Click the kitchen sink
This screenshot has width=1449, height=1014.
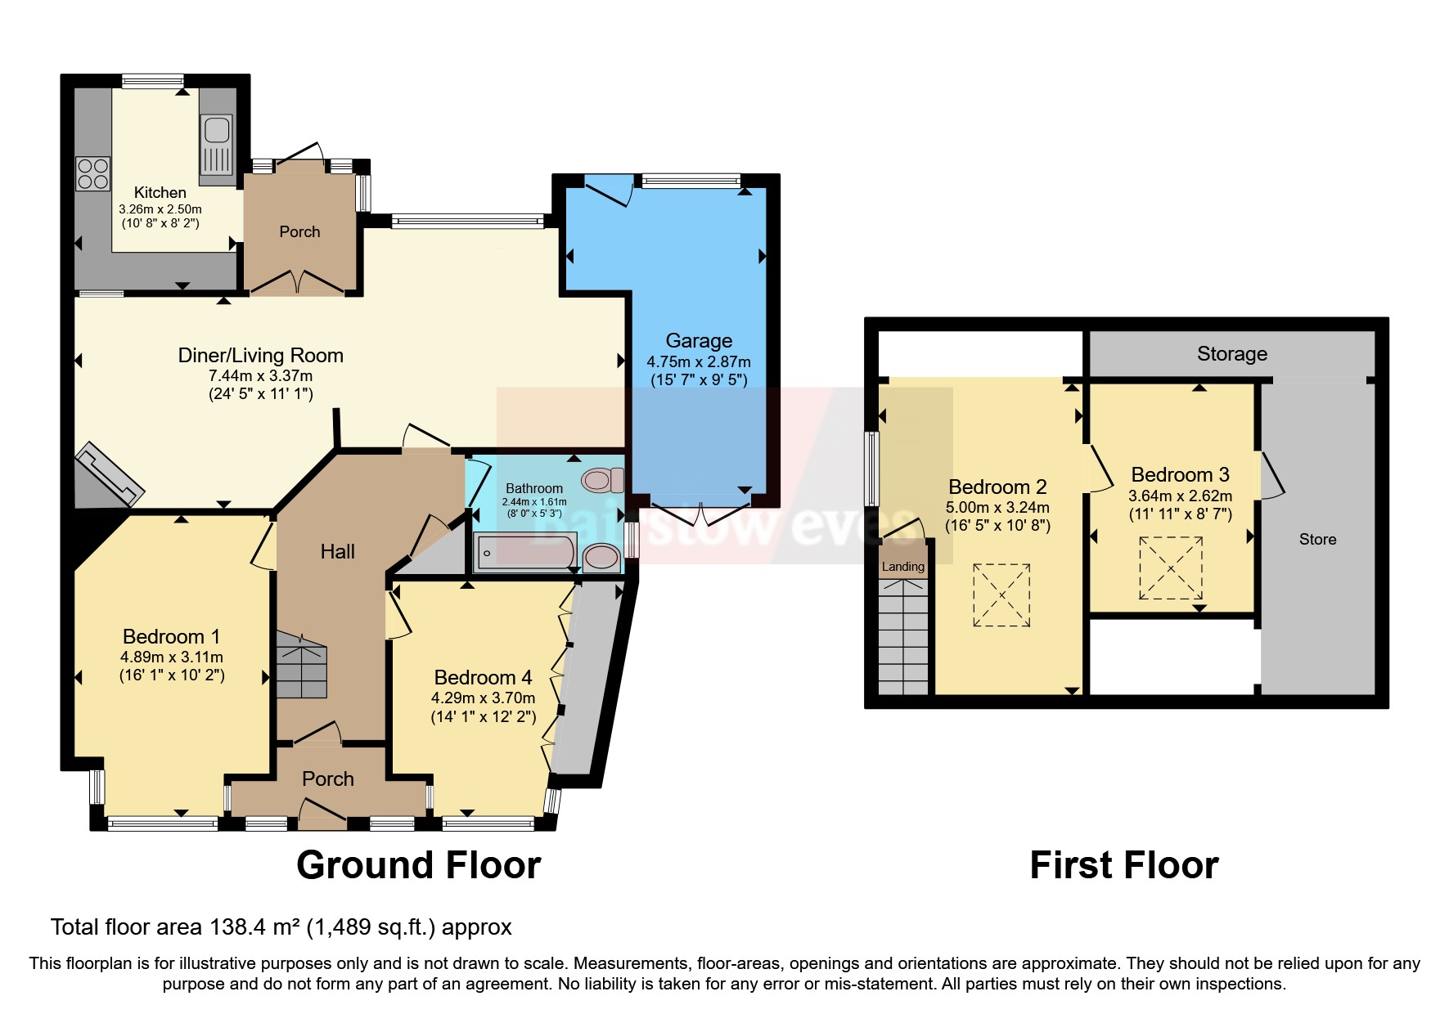217,129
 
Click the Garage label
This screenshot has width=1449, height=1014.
698,340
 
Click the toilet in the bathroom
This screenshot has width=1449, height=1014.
602,480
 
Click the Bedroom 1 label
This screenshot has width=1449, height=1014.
171,636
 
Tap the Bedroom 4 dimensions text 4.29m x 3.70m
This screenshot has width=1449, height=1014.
483,698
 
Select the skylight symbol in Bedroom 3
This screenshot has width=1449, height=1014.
1171,568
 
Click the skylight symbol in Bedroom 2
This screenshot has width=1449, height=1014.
1001,595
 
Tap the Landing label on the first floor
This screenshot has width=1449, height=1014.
902,567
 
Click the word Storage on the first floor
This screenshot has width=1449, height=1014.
1231,353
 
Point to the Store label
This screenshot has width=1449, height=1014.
1317,539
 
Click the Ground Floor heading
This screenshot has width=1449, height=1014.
418,865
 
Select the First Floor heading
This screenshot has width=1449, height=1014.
1123,865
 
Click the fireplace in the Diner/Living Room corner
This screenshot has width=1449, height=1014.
110,475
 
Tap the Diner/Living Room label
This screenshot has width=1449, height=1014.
260,355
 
